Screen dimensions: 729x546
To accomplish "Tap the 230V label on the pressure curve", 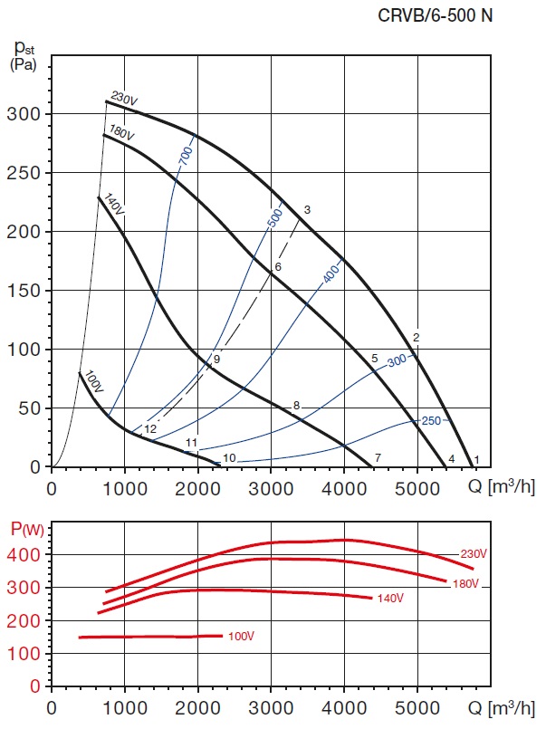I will pyautogui.click(x=123, y=98).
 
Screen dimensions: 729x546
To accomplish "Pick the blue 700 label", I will pyautogui.click(x=185, y=155).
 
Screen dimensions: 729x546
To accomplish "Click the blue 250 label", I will pyautogui.click(x=430, y=421).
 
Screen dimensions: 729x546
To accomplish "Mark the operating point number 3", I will pyautogui.click(x=307, y=210).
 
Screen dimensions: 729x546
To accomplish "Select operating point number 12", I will pyautogui.click(x=150, y=428).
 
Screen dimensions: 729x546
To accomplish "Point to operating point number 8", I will pyautogui.click(x=296, y=405).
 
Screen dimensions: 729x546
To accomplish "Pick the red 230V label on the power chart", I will pyautogui.click(x=474, y=554).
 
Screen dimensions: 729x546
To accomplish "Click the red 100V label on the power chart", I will pyautogui.click(x=241, y=637).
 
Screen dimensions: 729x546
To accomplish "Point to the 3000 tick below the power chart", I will pyautogui.click(x=271, y=705).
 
